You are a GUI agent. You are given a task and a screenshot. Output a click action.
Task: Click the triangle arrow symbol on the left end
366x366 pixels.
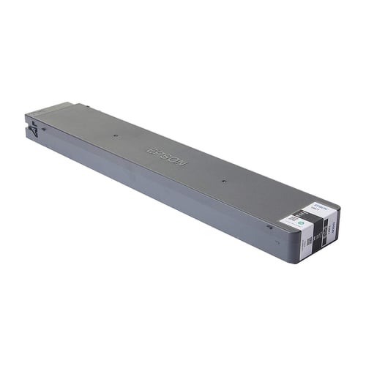click(34, 130)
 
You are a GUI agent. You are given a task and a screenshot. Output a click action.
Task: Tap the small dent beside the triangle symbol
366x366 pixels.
click(43, 129)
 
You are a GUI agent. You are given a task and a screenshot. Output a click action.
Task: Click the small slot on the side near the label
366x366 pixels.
click(269, 226)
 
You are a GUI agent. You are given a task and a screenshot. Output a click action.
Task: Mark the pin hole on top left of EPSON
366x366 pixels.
click(116, 135)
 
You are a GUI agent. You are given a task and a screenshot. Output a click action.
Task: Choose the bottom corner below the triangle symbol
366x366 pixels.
click(30, 141)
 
